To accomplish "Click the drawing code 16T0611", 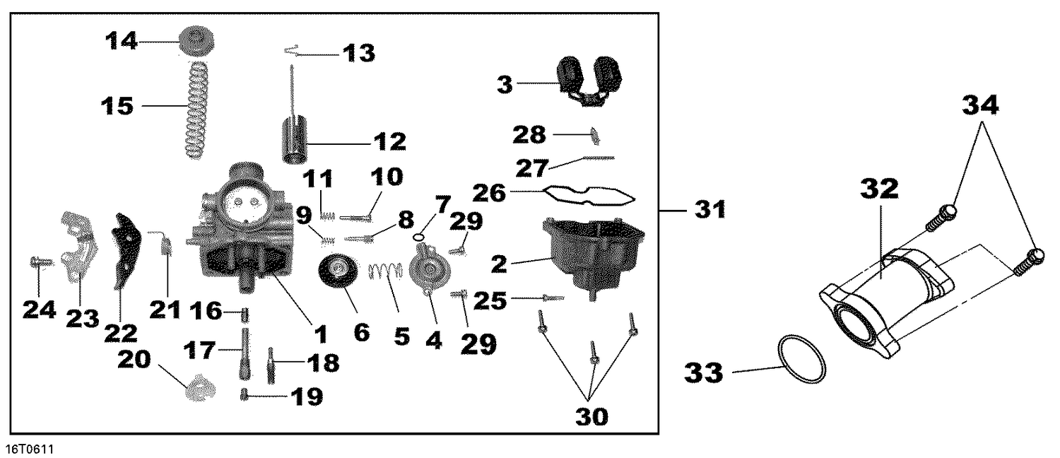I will pos(30,450).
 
